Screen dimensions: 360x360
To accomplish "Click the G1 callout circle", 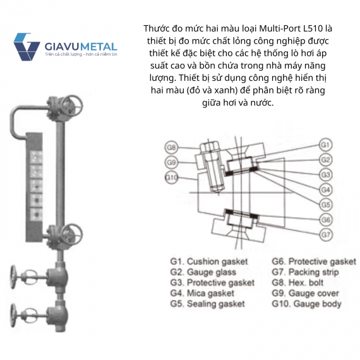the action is [x=325, y=145].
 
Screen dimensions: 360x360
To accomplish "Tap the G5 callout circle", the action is [x=325, y=205].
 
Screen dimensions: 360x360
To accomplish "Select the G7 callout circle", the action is [x=325, y=235].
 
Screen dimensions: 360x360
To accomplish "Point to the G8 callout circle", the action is [x=171, y=147].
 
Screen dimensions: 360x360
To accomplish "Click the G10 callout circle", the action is [x=172, y=177].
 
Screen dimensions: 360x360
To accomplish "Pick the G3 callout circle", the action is [x=325, y=175].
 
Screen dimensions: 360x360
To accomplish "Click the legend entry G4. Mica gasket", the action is [x=202, y=293].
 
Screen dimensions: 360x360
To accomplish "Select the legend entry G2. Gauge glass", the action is [x=203, y=272].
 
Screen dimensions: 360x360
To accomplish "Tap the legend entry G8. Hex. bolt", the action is [x=297, y=282].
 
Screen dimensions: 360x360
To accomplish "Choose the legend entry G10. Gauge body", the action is [x=306, y=304].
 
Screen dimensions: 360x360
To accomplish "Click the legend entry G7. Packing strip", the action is [x=305, y=272].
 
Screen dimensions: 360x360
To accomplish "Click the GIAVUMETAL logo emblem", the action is [x=27, y=47].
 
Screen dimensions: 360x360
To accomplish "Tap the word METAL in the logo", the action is [x=99, y=47].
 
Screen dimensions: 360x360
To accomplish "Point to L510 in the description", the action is [x=313, y=28].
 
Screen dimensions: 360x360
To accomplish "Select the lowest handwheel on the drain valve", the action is [x=14, y=315].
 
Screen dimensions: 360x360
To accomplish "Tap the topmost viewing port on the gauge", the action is [x=36, y=157].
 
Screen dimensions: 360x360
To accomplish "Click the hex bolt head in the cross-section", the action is [x=210, y=147].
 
